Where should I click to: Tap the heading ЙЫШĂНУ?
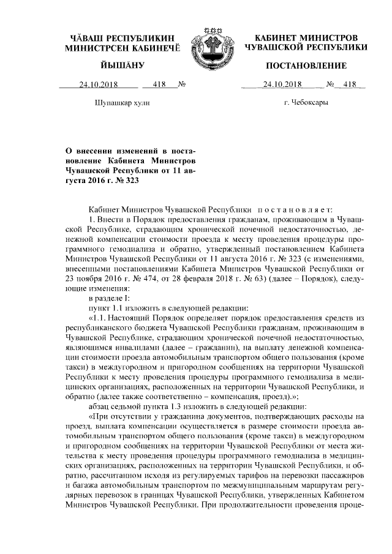tap(122, 66)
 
